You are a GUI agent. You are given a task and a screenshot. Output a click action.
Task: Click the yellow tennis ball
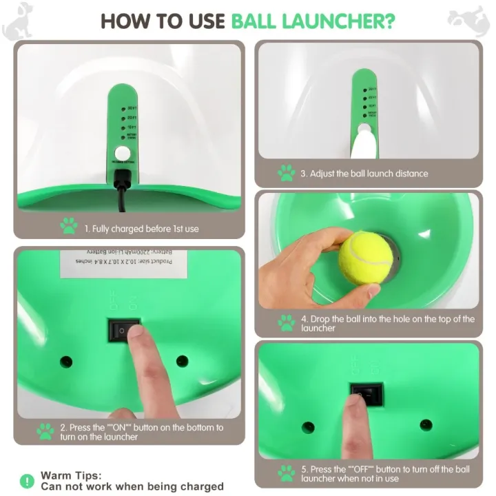pos(364,257)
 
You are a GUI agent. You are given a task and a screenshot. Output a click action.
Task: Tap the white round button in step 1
pos(123,153)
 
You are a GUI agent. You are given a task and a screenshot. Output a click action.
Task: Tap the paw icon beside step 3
pos(286,174)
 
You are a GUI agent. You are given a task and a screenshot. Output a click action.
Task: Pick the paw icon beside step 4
pos(286,323)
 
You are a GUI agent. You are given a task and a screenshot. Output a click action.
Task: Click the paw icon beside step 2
pos(45,432)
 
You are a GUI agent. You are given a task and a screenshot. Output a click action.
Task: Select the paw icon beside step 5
pos(286,473)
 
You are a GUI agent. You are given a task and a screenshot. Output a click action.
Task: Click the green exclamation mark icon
pos(26,480)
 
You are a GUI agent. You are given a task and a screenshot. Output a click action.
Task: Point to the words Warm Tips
pos(71,475)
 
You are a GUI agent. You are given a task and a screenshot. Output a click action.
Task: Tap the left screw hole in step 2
pos(67,361)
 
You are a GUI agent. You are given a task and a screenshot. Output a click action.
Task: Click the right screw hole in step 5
pos(426,425)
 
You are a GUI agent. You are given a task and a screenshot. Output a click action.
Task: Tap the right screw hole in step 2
pos(183,361)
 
